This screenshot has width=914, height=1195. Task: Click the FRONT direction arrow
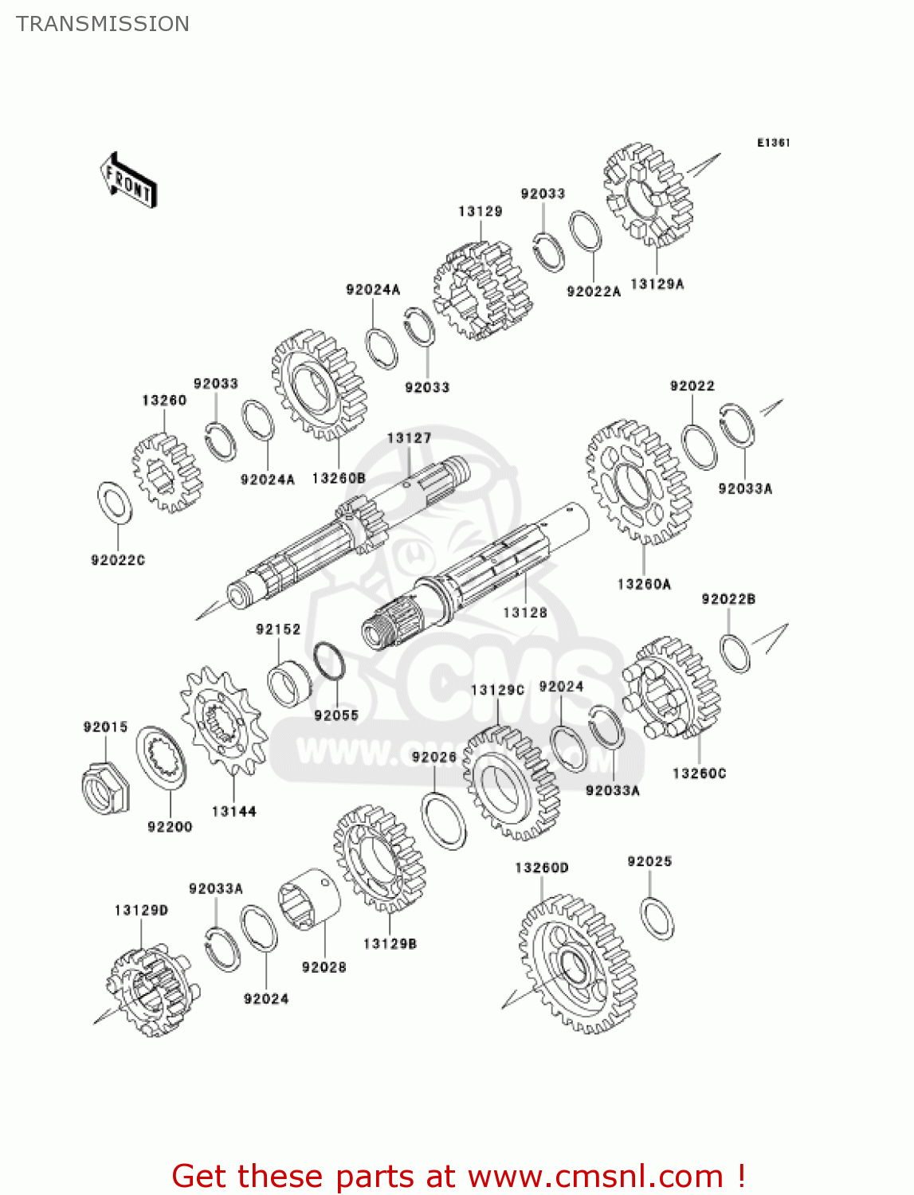pos(128,181)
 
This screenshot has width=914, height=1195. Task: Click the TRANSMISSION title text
pos(103,24)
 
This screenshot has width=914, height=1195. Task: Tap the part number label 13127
pos(409,438)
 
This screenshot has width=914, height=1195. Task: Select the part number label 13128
pos(524,613)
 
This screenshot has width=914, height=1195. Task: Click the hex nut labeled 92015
pos(104,787)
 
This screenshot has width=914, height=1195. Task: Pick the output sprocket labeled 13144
pos(222,721)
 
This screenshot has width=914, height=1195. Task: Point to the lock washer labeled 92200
pos(162,758)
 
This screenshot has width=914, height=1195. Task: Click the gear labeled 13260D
pos(578,964)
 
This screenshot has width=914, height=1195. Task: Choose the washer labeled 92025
pos(657,918)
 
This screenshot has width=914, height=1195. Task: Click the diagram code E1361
pos(773,143)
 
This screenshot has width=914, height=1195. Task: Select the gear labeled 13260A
pos(637,483)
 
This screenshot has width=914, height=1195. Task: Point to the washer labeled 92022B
pos(735,652)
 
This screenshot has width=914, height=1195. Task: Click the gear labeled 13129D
pos(151,990)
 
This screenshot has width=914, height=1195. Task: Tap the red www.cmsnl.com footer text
pos(458,1176)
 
